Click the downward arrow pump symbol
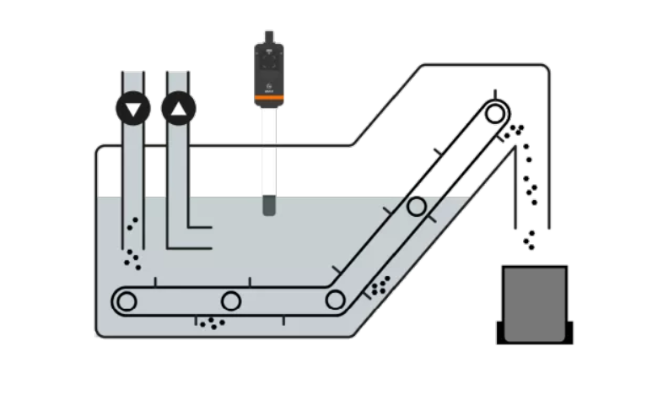click(132, 109)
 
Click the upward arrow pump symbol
click(178, 109)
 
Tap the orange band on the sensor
click(268, 101)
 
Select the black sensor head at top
click(268, 66)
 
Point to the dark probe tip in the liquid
click(268, 205)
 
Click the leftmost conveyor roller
click(127, 300)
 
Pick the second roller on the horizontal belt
click(231, 300)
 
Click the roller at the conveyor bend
click(335, 300)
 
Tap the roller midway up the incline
click(416, 207)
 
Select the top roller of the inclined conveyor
click(497, 111)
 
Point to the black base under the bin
click(535, 338)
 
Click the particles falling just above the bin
click(529, 240)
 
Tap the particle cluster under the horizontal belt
click(212, 322)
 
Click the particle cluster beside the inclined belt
click(380, 285)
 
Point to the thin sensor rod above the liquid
click(268, 152)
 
